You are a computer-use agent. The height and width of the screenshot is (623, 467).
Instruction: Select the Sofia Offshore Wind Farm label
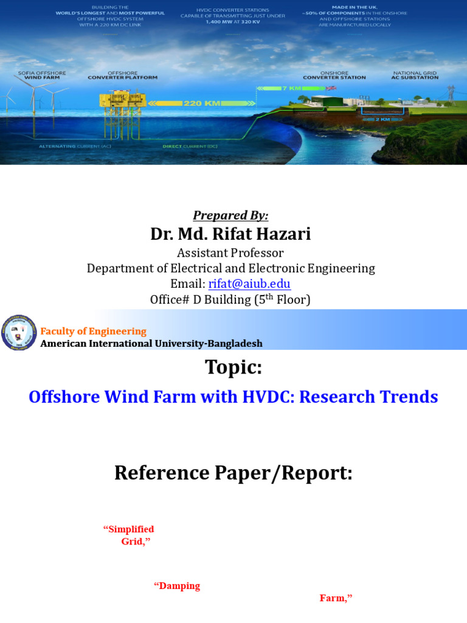coord(42,75)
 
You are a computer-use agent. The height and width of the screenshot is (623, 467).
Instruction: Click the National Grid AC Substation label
coord(415,75)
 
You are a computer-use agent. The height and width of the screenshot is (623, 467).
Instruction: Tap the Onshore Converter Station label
coord(334,75)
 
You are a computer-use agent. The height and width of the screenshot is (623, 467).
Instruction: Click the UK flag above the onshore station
coord(331,88)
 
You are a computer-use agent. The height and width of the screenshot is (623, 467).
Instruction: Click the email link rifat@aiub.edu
coord(249,284)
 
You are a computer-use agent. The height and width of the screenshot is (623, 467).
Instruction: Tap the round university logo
coord(19,333)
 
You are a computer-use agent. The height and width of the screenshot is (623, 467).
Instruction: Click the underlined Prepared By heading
coord(230,215)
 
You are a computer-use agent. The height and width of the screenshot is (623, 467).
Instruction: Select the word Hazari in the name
coord(280,234)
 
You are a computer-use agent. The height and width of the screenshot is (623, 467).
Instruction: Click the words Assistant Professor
coord(230,252)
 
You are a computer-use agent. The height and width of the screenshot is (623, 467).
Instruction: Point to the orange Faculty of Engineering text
coord(93,332)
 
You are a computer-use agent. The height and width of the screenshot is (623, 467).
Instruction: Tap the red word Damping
coord(177,586)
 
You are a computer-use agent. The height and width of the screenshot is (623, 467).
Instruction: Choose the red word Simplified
coord(129,529)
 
